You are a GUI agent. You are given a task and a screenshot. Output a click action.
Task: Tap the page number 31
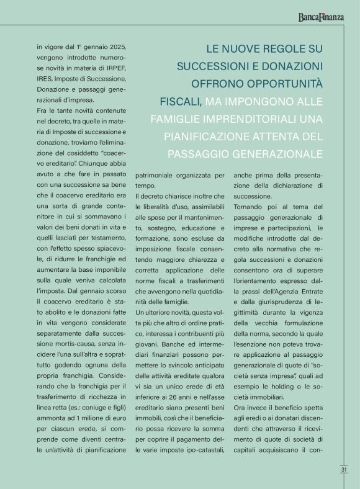[343, 470]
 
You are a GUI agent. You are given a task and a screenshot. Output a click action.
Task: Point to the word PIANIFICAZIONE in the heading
[209, 136]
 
